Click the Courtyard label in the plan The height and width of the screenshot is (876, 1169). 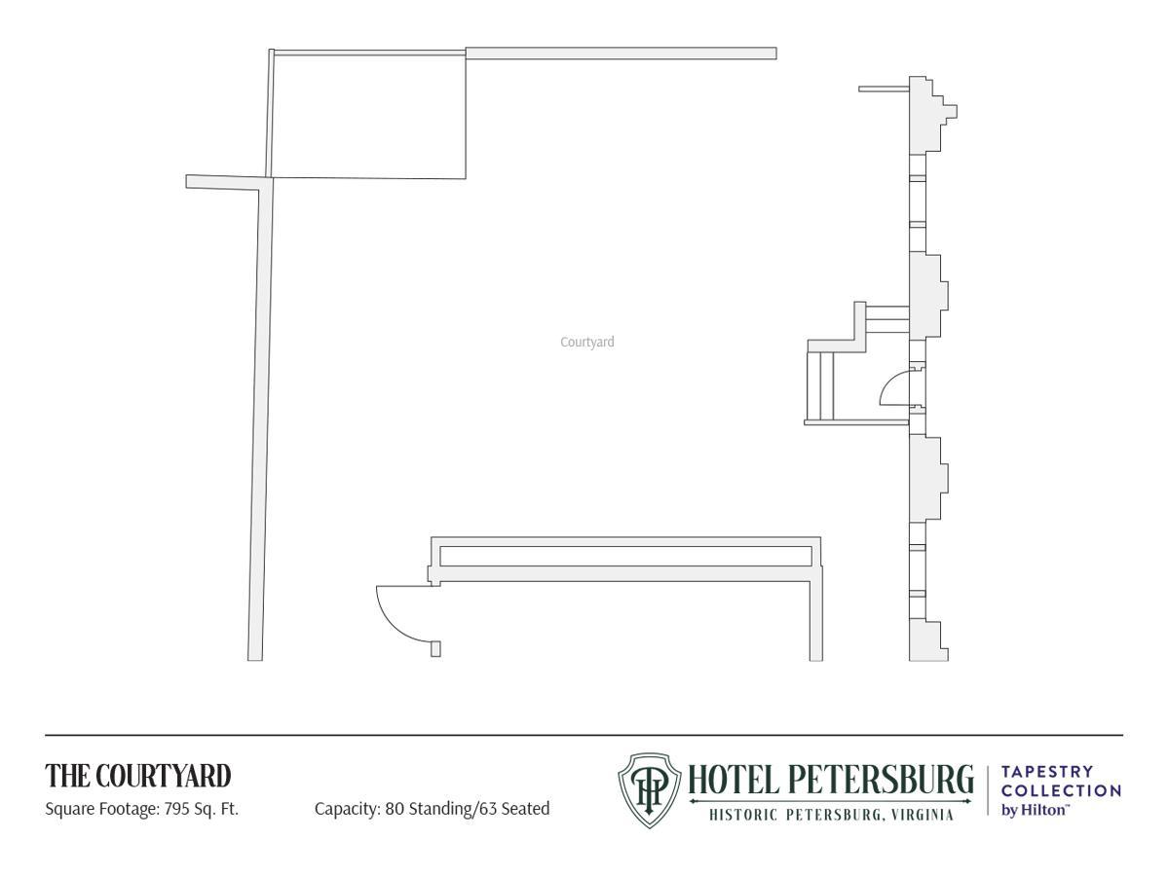coord(586,342)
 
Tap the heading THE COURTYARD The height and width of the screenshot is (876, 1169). coord(138,776)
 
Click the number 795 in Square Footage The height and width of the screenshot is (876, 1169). coord(177,809)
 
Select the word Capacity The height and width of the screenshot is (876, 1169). coord(347,809)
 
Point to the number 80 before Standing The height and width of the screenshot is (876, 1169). coord(395,809)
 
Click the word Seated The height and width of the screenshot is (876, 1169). coord(524,809)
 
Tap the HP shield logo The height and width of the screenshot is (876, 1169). coord(649,790)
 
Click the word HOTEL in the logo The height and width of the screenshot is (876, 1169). coord(734,780)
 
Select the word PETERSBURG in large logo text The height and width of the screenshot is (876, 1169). coord(881,780)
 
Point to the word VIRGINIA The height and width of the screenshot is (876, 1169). coord(921,815)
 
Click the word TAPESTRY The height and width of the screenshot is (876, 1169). coord(1047,771)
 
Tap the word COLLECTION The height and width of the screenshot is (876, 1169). coord(1061,791)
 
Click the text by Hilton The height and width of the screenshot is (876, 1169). coord(1035,810)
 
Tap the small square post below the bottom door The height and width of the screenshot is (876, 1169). coord(435,649)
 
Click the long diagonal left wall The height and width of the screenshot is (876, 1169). coord(261,420)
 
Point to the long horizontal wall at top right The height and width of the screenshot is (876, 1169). coord(621,54)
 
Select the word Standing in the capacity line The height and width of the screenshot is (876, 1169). coord(440,810)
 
